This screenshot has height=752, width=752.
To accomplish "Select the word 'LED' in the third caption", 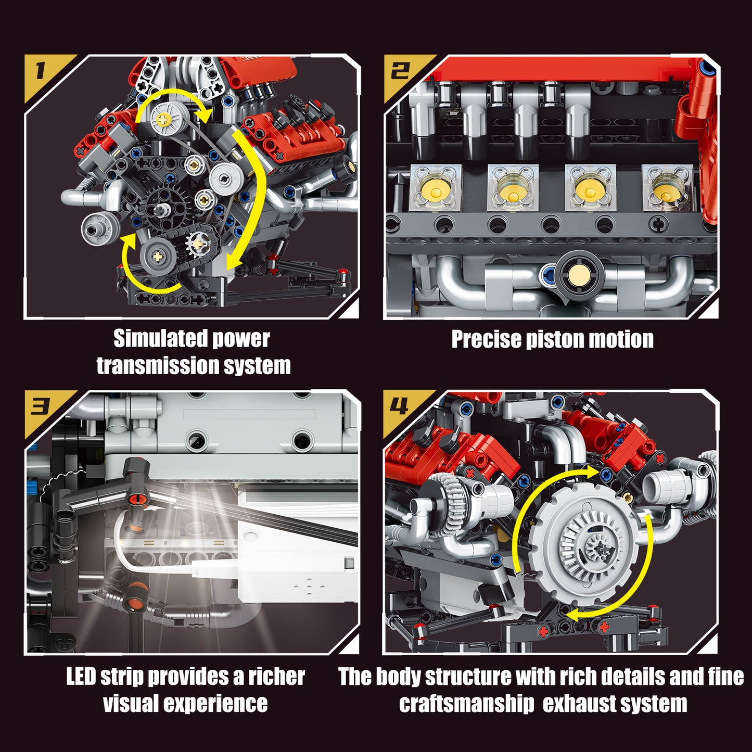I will [81, 677].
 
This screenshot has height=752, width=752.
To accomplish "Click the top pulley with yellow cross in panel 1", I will [165, 119].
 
